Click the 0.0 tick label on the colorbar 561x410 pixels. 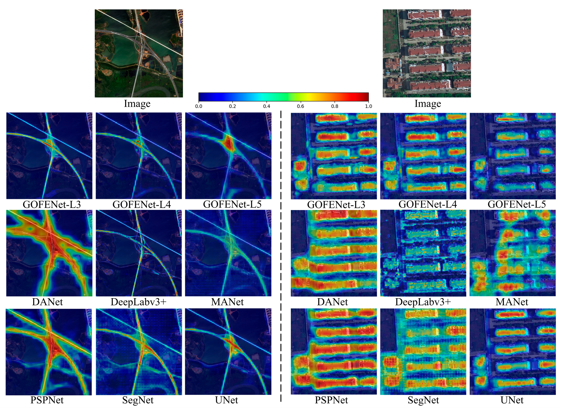tap(198, 106)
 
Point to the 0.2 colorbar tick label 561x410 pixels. tap(232, 106)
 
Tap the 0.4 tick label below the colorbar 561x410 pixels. tap(266, 106)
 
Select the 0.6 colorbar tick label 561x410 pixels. tap(301, 106)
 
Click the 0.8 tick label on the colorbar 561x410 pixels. tap(335, 106)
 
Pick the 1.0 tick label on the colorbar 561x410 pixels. tap(368, 106)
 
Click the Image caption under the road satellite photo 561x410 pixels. tap(137, 103)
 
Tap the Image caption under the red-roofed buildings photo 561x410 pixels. tap(428, 103)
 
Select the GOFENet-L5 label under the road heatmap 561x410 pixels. tap(232, 204)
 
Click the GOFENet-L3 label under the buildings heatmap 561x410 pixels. tap(336, 205)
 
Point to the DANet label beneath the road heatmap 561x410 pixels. tap(47, 302)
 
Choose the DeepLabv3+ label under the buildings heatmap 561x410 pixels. tap(423, 302)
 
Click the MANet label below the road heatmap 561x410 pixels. tap(227, 302)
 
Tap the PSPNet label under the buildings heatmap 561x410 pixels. tap(331, 400)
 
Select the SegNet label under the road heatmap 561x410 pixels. tap(138, 400)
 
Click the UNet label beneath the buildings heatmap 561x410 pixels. tap(512, 400)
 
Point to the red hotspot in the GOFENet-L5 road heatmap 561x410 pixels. tap(228, 144)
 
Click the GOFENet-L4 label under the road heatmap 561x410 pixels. tap(142, 205)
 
